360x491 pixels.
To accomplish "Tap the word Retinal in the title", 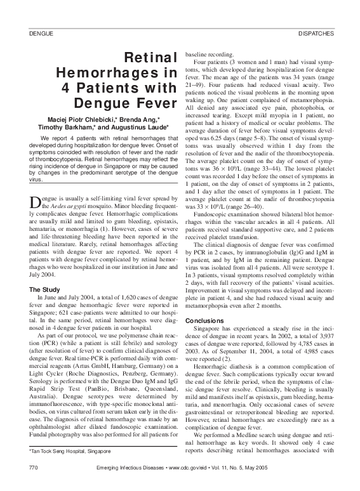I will pos(150,59).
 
